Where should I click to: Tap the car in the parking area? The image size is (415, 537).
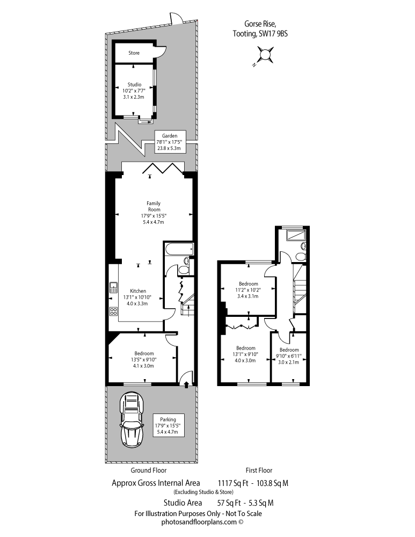132,420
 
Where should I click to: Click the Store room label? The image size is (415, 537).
134,53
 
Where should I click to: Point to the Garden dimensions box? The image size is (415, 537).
170,142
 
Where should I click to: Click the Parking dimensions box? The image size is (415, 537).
168,425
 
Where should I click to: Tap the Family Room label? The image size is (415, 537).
154,206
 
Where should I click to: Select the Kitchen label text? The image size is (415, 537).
138,291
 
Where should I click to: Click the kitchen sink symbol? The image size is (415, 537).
114,287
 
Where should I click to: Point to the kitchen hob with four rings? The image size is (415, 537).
114,311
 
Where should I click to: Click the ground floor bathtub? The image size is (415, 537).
179,249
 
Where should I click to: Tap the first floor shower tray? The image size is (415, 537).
294,235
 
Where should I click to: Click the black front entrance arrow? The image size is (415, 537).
186,384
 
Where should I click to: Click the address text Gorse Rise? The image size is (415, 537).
260,24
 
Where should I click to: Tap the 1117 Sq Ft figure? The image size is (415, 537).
233,483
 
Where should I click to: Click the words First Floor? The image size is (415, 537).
259,470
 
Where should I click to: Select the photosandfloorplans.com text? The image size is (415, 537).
199,522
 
